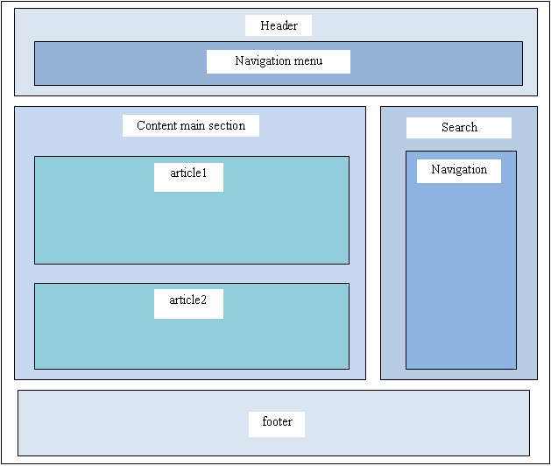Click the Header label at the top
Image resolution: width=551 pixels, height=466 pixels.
coord(279,26)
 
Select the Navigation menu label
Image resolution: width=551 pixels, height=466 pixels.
coord(279,61)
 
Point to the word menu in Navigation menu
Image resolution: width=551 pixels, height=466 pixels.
coord(307,61)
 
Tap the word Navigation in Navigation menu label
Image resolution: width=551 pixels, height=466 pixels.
coord(264,61)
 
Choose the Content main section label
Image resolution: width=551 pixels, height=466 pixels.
coord(191,126)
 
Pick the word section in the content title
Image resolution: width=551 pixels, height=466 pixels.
coord(227,126)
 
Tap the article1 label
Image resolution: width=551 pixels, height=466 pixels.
coord(188,173)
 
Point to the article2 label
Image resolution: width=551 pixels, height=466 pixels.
coord(188,300)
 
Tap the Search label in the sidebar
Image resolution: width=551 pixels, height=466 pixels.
coord(459,128)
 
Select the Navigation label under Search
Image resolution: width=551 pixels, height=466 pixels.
coord(459,170)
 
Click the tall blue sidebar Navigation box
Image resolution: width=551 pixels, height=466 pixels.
coord(461,280)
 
